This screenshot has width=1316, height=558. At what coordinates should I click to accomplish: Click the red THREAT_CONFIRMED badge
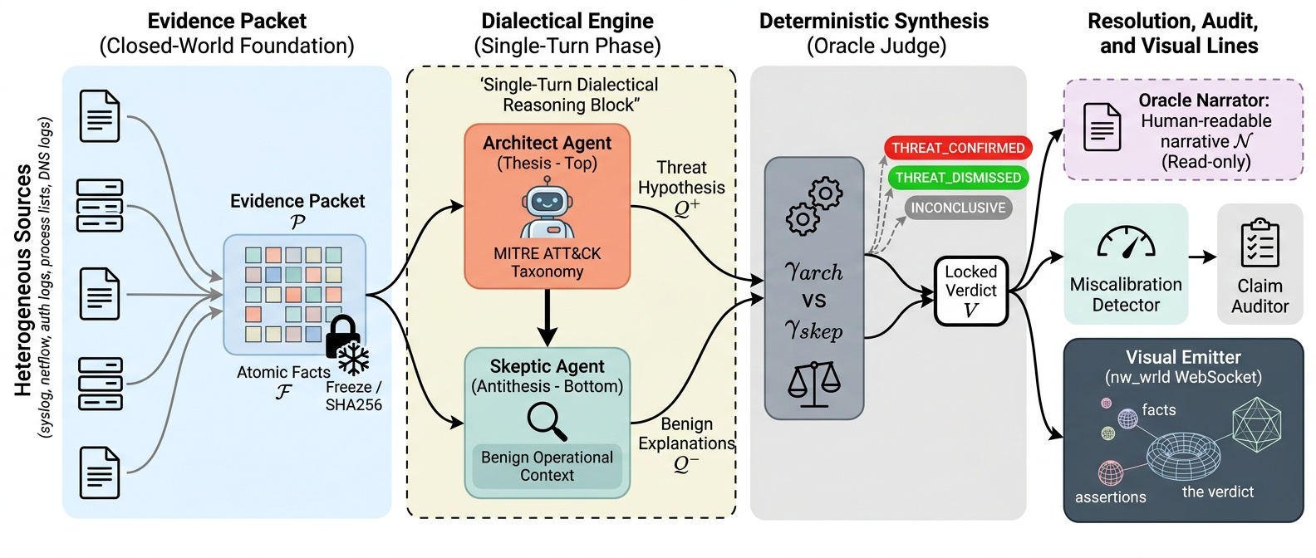tap(957, 148)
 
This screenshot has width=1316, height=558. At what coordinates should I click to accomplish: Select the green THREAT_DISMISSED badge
tap(957, 178)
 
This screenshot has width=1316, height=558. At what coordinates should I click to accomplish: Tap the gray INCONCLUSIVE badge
tap(957, 208)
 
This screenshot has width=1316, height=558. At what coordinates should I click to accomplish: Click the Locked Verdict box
tap(970, 291)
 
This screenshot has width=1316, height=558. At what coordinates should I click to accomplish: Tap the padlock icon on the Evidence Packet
tap(341, 337)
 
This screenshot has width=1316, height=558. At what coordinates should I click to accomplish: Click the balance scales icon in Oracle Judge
tap(813, 384)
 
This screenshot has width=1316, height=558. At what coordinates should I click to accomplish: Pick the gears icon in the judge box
tap(813, 205)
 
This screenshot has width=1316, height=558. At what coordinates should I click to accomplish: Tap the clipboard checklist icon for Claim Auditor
tap(1260, 242)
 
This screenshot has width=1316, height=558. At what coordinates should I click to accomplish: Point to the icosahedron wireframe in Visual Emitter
tap(1256, 424)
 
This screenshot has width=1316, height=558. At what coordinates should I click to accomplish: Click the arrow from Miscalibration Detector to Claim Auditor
tap(1201, 257)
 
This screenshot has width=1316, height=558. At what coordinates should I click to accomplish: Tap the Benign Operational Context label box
tap(547, 467)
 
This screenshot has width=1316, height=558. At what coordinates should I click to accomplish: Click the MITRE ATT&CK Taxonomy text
tap(547, 262)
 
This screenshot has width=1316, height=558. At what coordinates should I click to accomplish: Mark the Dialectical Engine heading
tap(567, 22)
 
